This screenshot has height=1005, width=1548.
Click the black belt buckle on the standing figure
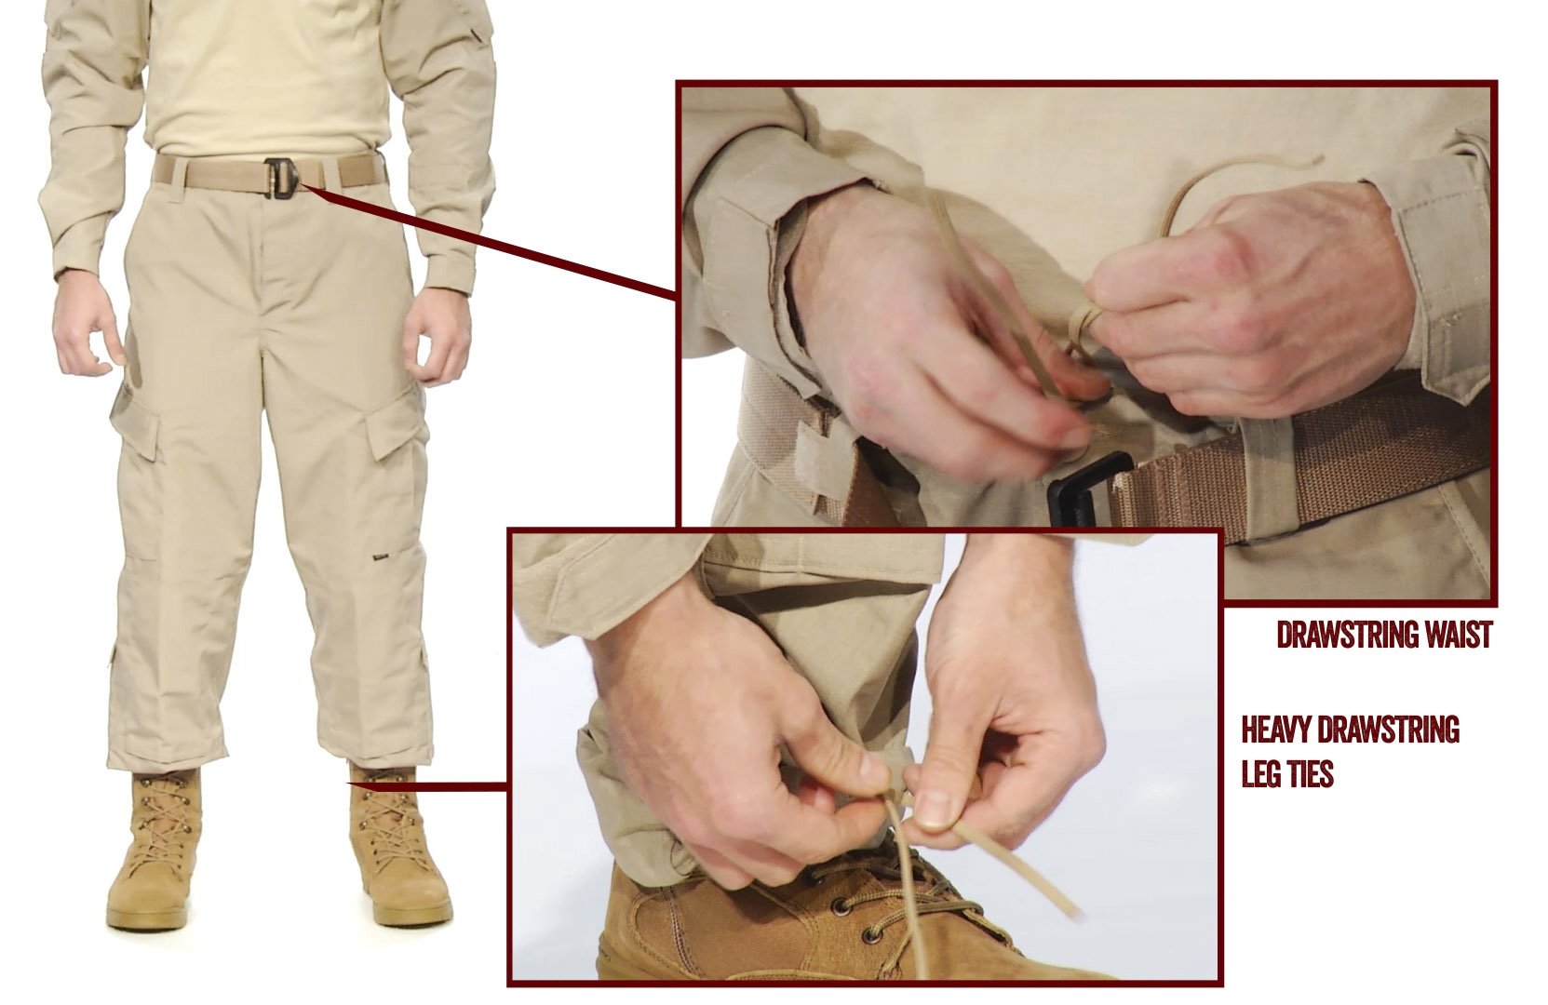(282, 179)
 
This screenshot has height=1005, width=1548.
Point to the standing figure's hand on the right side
(437, 340)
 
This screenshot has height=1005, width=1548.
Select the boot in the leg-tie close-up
(829, 918)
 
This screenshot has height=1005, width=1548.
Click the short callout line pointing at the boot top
(427, 785)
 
